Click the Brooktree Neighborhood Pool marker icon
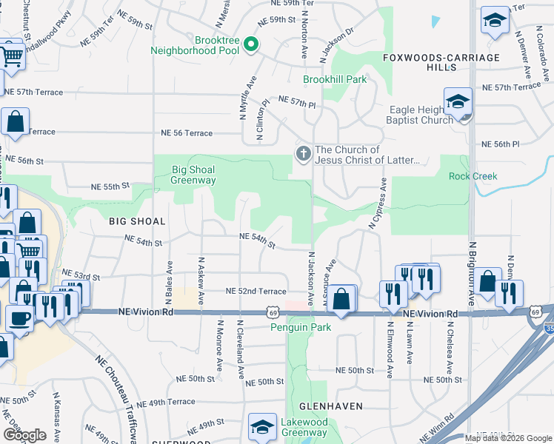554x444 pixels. pos(251,46)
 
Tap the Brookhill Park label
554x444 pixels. pos(335,79)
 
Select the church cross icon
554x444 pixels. pos(302,155)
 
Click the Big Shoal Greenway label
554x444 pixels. pos(193,175)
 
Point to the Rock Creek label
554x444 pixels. pos(473,176)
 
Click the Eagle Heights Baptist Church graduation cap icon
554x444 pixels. pos(458,102)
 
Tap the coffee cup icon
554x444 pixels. pos(19,318)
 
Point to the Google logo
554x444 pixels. pos(24,435)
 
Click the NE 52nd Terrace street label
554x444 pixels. pos(256,292)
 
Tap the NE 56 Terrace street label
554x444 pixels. pos(187,133)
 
